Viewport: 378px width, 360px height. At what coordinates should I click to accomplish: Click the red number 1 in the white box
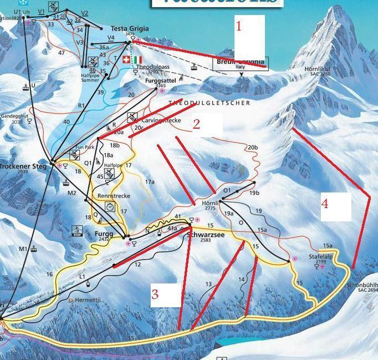click(239, 26)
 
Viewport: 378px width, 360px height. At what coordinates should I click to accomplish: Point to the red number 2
click(196, 124)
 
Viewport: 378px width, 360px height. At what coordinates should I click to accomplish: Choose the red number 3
click(155, 294)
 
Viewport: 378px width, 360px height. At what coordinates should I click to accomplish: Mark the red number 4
click(325, 204)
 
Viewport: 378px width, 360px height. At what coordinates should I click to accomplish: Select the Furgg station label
click(104, 235)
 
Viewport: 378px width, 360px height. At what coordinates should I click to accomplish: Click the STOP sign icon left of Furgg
click(77, 230)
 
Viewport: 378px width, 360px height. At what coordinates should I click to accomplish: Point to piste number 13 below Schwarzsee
click(208, 284)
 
